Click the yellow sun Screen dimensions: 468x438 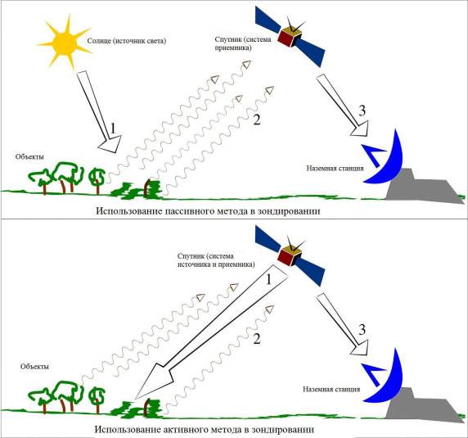click(65, 43)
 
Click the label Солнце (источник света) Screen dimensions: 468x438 click(127, 41)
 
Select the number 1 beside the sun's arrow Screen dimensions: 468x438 click(113, 129)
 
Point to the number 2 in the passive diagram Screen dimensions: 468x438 click(257, 120)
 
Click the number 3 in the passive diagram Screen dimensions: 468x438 click(362, 111)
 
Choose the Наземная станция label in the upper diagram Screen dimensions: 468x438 click(335, 168)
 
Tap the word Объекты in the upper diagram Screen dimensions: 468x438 click(29, 156)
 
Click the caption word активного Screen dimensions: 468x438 click(186, 430)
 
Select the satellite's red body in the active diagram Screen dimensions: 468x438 click(285, 258)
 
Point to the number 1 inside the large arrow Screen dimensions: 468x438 click(268, 280)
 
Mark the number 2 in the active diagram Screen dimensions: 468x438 click(257, 339)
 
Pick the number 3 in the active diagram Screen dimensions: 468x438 click(362, 330)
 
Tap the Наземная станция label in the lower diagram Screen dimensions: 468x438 click(331, 389)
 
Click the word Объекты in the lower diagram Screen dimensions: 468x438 click(34, 366)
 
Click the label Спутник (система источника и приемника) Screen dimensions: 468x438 click(216, 260)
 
